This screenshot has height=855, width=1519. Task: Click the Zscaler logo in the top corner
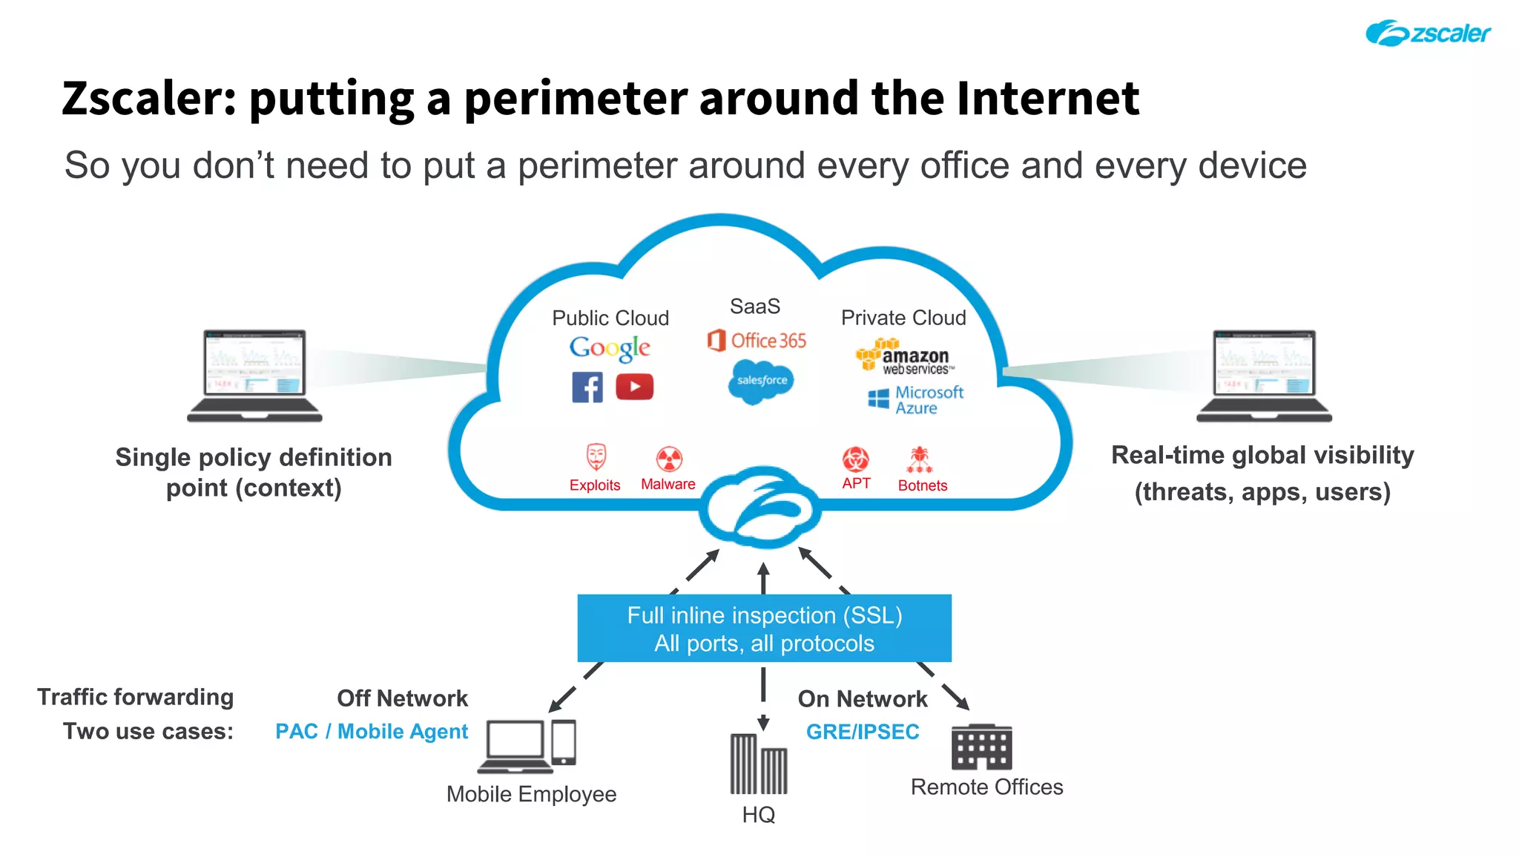(x=1428, y=33)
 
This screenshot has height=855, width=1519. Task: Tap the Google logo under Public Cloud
(x=610, y=348)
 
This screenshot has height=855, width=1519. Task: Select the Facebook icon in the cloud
(x=587, y=387)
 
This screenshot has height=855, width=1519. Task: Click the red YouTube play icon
(x=634, y=387)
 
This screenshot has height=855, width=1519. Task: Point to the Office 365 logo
(x=757, y=341)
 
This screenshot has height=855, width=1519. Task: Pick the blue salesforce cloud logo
(x=761, y=381)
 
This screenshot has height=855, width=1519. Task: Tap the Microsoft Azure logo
(x=916, y=400)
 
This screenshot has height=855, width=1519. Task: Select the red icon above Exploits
(x=596, y=457)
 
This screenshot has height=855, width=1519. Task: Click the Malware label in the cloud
(x=668, y=484)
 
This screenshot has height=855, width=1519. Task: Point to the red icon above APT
(x=855, y=459)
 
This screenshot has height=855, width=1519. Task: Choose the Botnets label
(x=922, y=485)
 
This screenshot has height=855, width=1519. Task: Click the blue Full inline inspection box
(x=764, y=629)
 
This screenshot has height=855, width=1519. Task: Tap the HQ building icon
(x=758, y=764)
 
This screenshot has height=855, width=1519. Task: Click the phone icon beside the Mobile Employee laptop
(x=564, y=742)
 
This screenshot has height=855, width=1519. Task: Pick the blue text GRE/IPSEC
(x=863, y=732)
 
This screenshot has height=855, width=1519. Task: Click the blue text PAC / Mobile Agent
(x=372, y=732)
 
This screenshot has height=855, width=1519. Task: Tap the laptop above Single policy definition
(x=254, y=376)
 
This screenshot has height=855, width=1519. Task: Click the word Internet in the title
(x=1047, y=98)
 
